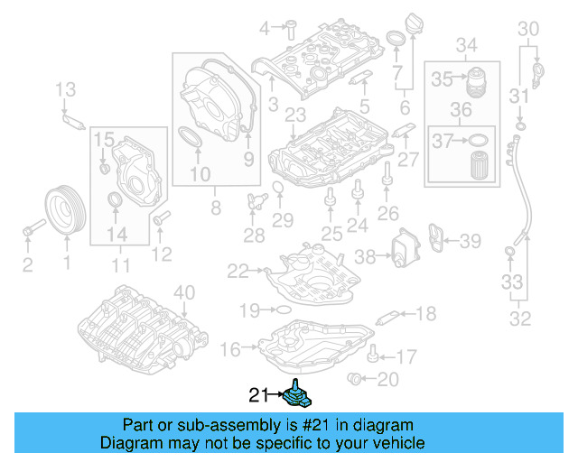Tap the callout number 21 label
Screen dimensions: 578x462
coord(259,394)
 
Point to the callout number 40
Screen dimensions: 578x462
coord(184,291)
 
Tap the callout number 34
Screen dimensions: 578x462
coord(466,45)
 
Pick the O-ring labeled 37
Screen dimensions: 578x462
coord(480,140)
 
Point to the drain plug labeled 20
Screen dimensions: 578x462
coord(358,377)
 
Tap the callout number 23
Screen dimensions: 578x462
coord(295,115)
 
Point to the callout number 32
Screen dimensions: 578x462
coord(522,317)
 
